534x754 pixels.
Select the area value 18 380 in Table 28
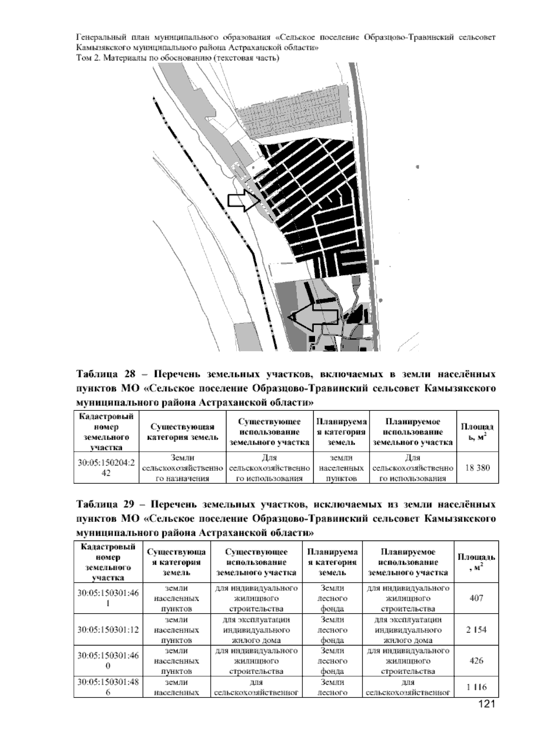click(x=477, y=468)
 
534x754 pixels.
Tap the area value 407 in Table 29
click(x=476, y=598)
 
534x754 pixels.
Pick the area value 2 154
click(x=476, y=630)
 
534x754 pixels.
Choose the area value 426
click(x=476, y=661)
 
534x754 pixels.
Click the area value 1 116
click(x=476, y=687)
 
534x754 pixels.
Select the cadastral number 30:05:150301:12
click(x=108, y=630)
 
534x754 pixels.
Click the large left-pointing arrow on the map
click(x=311, y=317)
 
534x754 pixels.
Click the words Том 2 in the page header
click(x=87, y=58)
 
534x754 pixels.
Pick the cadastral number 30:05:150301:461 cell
click(x=108, y=598)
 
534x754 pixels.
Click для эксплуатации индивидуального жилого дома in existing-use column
click(x=256, y=630)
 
